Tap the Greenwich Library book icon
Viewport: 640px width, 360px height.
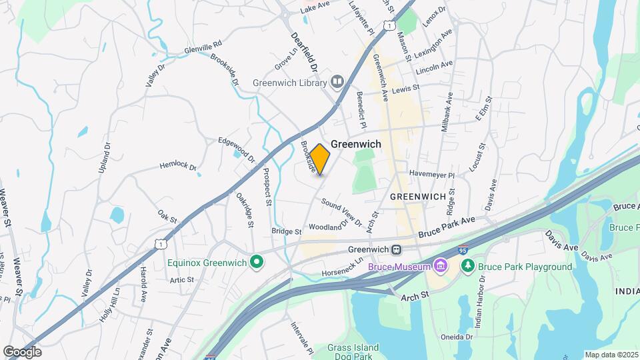337,83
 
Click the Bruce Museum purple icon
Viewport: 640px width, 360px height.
440,267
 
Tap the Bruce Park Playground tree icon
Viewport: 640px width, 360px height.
469,267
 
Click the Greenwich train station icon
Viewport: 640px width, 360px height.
397,250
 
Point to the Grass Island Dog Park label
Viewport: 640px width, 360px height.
353,352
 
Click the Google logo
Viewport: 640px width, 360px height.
22,351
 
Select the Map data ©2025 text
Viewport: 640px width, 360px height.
611,355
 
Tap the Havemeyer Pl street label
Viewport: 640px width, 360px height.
431,175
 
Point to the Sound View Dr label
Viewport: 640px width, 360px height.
341,211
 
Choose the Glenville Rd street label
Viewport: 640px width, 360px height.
203,49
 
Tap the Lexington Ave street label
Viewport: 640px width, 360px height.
434,41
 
